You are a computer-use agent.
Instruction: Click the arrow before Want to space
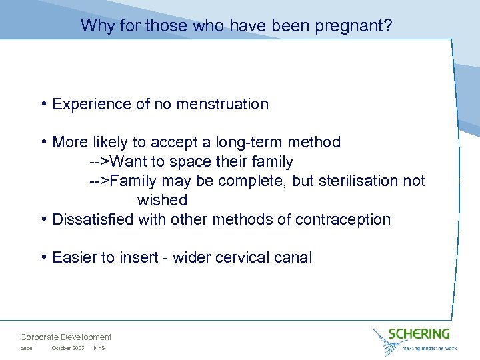point(100,162)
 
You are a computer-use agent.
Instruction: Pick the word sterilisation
point(355,181)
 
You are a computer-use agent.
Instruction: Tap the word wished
point(162,200)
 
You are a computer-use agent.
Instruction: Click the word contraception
point(349,219)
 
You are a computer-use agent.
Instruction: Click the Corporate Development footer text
point(66,337)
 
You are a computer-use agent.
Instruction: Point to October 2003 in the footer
point(68,349)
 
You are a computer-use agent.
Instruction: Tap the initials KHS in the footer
point(99,349)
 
